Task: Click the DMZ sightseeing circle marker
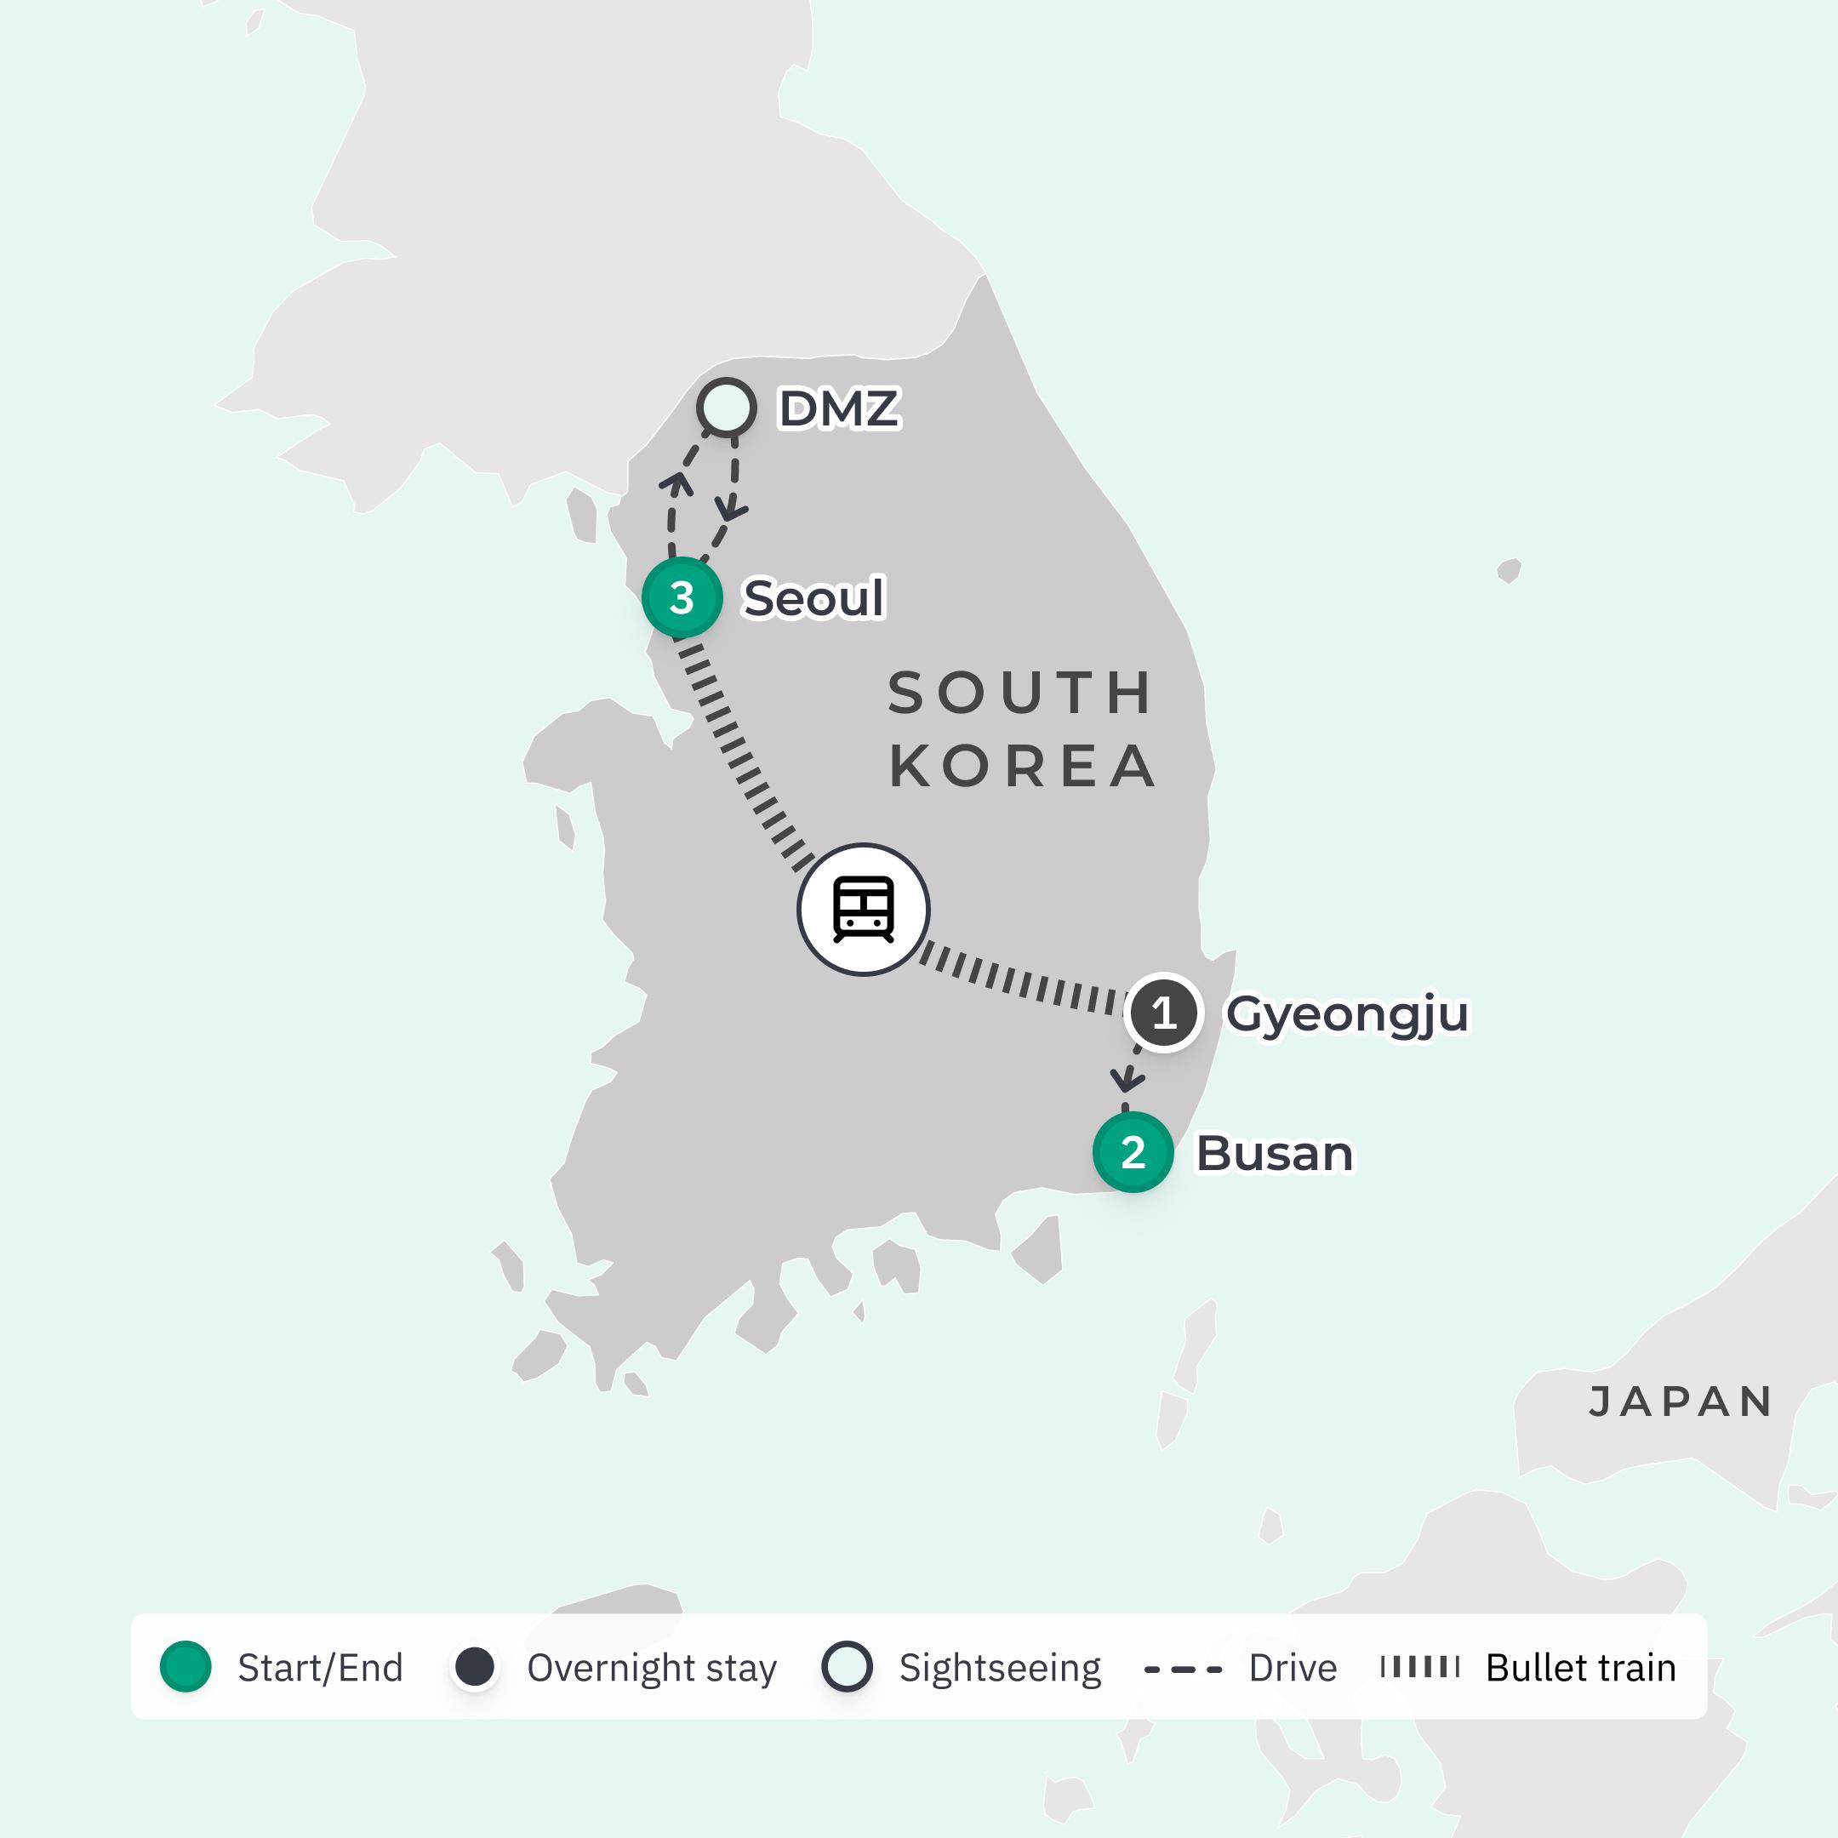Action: pyautogui.click(x=727, y=408)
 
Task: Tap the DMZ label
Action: pyautogui.click(x=838, y=409)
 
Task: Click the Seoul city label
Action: pyautogui.click(x=813, y=598)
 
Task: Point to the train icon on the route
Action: pyautogui.click(x=863, y=910)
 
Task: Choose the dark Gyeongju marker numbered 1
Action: pyautogui.click(x=1163, y=1013)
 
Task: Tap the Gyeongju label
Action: pyautogui.click(x=1347, y=1014)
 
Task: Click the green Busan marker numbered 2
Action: pyautogui.click(x=1132, y=1152)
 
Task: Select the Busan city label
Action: pyautogui.click(x=1274, y=1153)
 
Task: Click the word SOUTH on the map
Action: pyautogui.click(x=1021, y=693)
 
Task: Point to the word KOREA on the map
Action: pyautogui.click(x=1023, y=767)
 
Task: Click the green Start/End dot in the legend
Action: pyautogui.click(x=186, y=1668)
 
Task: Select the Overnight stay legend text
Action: pyautogui.click(x=652, y=1669)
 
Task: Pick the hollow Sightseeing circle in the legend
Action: pyautogui.click(x=847, y=1668)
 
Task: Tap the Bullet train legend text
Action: pyautogui.click(x=1580, y=1669)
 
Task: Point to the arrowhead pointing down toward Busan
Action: pyautogui.click(x=1127, y=1080)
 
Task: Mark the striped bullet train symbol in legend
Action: pyautogui.click(x=1419, y=1667)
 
